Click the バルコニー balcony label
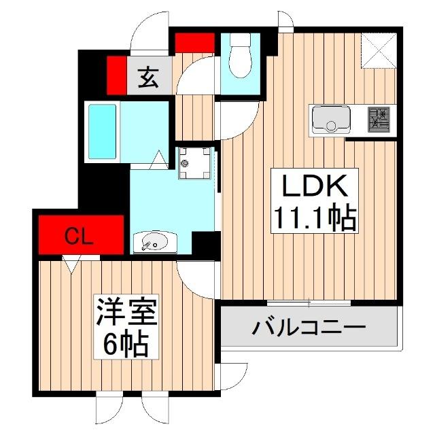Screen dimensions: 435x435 pyautogui.click(x=309, y=328)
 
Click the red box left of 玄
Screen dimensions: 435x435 pyautogui.click(x=116, y=75)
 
